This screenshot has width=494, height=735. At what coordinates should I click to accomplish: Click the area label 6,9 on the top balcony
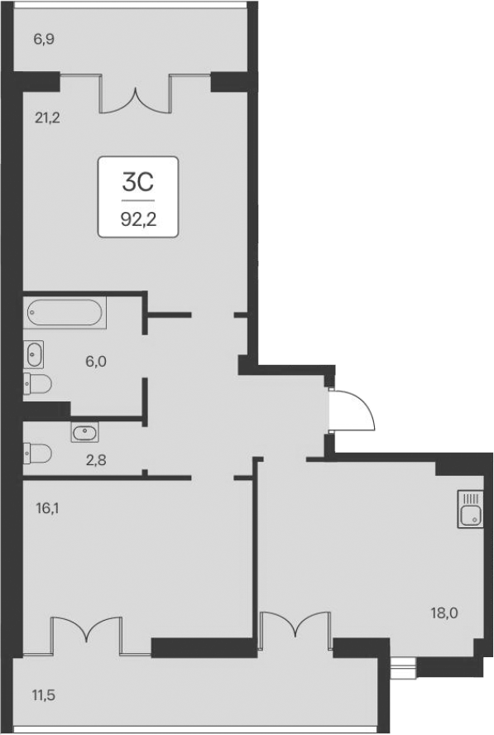click(43, 39)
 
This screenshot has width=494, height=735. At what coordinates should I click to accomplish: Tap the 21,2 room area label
click(47, 117)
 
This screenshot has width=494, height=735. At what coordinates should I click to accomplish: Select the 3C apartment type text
click(138, 182)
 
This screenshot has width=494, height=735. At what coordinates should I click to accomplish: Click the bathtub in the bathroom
click(65, 312)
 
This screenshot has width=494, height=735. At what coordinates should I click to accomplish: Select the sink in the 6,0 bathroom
click(34, 354)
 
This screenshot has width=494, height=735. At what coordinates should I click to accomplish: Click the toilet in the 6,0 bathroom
click(37, 382)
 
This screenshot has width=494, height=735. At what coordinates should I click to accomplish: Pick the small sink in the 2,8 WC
click(84, 432)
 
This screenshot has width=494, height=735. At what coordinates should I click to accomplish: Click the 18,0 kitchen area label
click(444, 613)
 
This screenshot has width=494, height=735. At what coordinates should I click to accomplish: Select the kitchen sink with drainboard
click(469, 508)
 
